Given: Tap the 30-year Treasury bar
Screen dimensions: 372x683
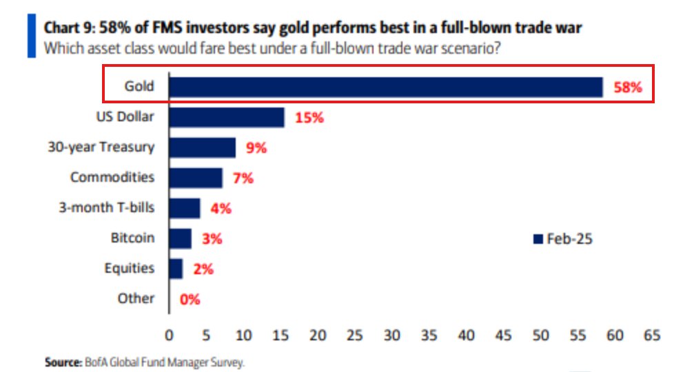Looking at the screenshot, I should tap(202, 147).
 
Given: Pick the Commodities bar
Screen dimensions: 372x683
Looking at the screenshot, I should tap(196, 178).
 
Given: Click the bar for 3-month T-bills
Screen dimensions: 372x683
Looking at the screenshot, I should tap(184, 208).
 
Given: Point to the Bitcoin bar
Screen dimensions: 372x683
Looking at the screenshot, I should tap(180, 238).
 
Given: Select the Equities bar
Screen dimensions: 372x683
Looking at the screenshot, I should tap(176, 268).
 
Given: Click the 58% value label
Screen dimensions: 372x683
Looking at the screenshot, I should tap(627, 87).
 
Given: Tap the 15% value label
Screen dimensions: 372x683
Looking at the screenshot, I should tap(309, 118).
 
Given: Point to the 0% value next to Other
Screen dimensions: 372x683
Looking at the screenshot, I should tap(189, 299).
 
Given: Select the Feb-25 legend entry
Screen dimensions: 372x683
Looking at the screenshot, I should tap(563, 239).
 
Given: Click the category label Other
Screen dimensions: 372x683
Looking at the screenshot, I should tap(136, 298).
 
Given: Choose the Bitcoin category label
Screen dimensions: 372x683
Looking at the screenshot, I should tap(132, 238).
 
